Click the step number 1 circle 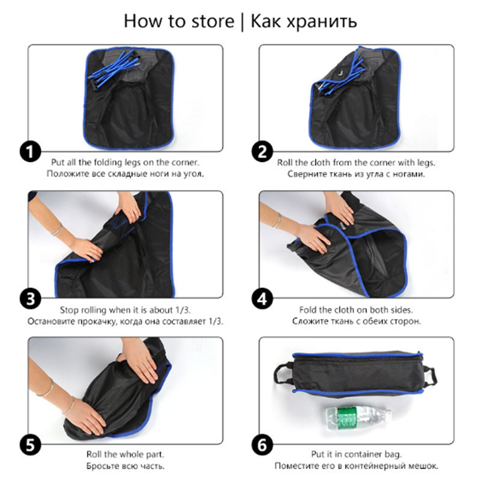(x=31, y=152)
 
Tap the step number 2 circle (x=262, y=152)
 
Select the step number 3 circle (x=31, y=299)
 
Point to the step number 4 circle (x=262, y=299)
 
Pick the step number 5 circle (x=31, y=446)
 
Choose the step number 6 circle (x=262, y=446)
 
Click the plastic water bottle (x=358, y=418)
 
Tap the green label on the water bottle (x=347, y=418)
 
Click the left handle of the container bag (x=282, y=373)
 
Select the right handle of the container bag (x=429, y=378)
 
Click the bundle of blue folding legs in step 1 (x=115, y=69)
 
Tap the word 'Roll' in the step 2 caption (x=285, y=162)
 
